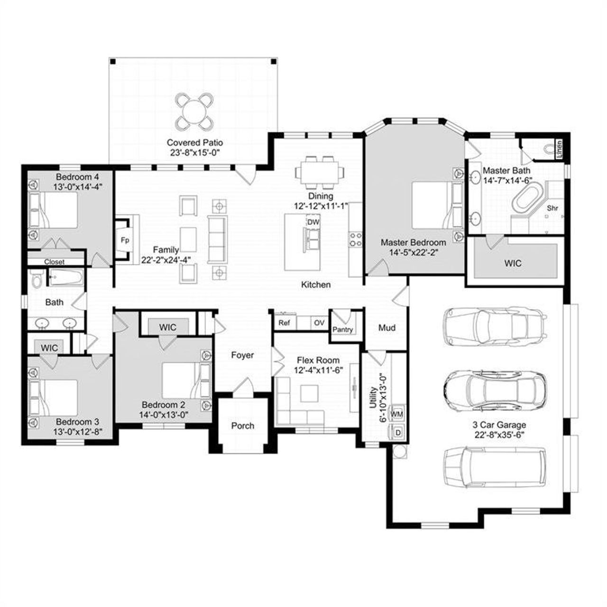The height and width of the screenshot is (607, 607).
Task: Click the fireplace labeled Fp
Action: point(125,240)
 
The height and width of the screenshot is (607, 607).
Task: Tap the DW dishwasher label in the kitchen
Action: point(313,222)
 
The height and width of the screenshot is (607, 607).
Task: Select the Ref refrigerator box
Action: point(284,323)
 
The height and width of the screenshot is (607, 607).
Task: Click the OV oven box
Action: point(319,323)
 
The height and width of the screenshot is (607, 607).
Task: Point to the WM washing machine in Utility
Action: point(396,414)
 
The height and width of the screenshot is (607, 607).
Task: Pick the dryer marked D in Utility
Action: point(397,432)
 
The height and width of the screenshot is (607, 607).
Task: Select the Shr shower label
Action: point(552,208)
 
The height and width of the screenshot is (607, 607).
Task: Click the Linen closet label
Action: point(559,148)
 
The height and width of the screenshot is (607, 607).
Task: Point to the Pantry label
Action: point(342,329)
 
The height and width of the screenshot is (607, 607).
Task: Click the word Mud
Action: point(386,328)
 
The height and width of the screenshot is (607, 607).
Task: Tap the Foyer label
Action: point(242,355)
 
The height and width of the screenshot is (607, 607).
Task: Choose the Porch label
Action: point(242,425)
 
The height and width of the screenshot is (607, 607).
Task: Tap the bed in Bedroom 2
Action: point(183,381)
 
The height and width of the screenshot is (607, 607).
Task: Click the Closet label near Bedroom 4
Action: point(54,262)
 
